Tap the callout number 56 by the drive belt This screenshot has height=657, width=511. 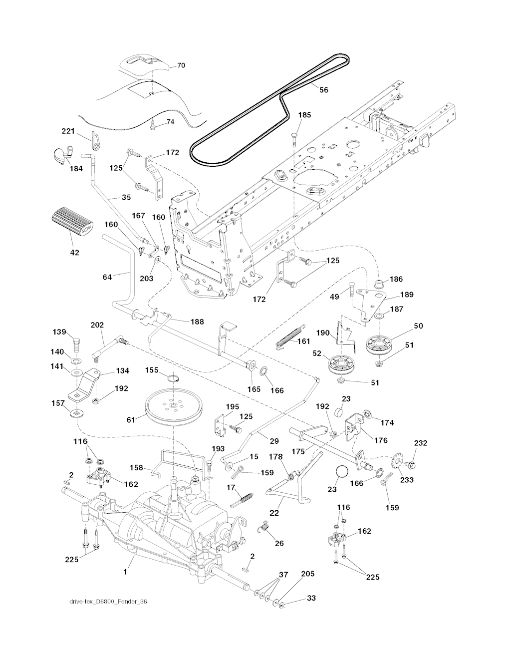[324, 90]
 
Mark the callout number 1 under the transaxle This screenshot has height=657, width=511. [125, 572]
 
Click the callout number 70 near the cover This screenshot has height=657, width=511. [181, 65]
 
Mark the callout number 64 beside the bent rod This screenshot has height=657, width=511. [107, 277]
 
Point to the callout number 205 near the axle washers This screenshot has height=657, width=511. [308, 574]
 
